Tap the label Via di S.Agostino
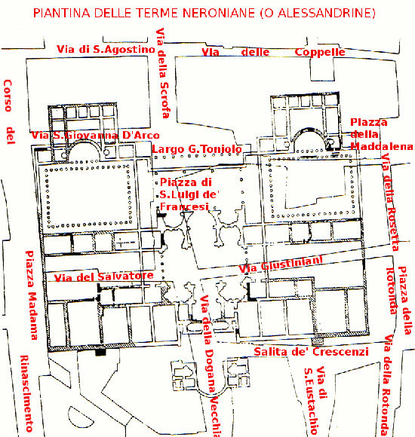(106, 49)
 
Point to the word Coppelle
(319, 52)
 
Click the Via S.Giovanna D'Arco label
(96, 135)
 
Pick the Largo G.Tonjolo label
(197, 149)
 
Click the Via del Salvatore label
(104, 277)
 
